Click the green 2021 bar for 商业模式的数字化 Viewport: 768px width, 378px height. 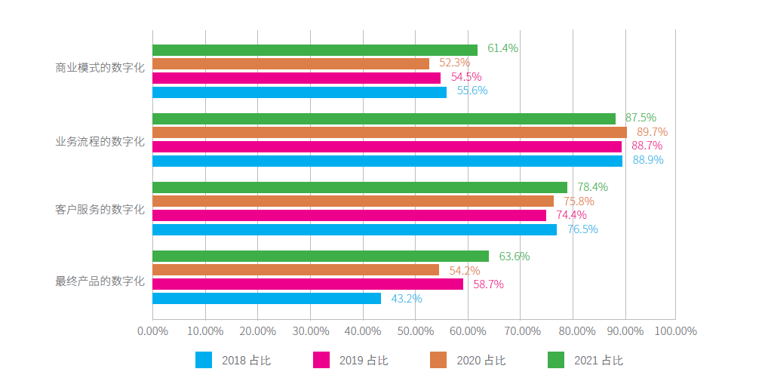coord(315,50)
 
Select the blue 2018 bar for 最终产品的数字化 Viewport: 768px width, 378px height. coord(266,298)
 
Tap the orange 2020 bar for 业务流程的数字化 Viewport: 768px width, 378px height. coord(389,132)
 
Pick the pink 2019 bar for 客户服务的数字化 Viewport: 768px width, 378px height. coord(349,215)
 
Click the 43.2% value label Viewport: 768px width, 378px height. coord(407,299)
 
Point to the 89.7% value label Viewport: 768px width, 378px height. coord(652,132)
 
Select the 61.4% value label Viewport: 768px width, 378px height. coord(502,48)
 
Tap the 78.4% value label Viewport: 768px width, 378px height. coord(592,187)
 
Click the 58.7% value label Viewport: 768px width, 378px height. coord(488,284)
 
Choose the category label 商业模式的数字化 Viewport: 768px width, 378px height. coord(100,68)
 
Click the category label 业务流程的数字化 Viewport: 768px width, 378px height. coord(100,141)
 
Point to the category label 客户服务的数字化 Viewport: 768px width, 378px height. coord(100,209)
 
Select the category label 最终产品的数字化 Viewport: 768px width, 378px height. coord(100,281)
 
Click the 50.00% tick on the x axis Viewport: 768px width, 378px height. coord(415,331)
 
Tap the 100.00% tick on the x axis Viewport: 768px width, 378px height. coord(675,331)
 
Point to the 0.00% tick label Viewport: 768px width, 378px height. coord(152,331)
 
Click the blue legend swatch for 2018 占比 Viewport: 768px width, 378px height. coord(204,361)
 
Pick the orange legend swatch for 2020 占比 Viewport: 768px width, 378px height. coord(438,361)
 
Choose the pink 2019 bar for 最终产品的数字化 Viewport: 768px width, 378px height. coord(308,284)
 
